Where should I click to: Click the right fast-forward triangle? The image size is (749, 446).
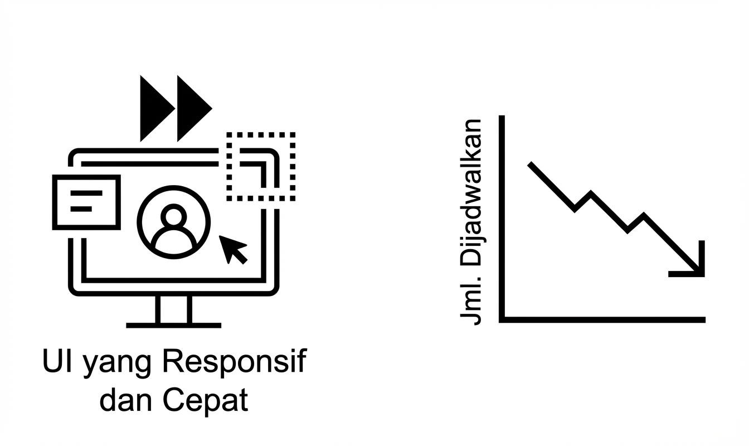[191, 108]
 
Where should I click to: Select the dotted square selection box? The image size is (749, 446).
[260, 167]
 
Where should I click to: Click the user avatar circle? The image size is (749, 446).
[174, 221]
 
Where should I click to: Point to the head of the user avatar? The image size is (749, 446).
[174, 214]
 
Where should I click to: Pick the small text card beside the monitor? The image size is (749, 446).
[86, 202]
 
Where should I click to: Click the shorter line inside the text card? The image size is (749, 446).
[81, 209]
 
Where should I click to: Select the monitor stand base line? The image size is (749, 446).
[174, 325]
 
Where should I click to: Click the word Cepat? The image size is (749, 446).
[205, 401]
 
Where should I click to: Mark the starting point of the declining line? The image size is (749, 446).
[531, 164]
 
